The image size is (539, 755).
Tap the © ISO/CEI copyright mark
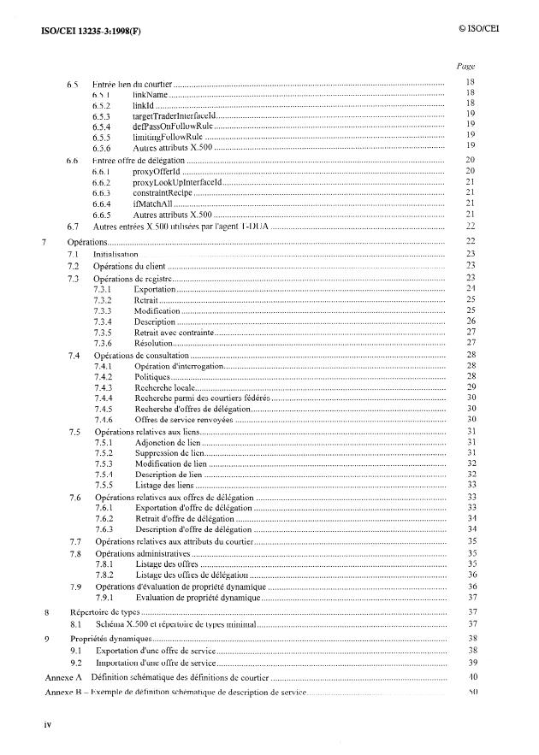pos(478,29)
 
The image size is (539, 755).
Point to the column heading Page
pos(466,66)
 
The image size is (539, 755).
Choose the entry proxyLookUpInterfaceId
pos(177,182)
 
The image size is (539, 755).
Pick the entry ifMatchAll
pos(152,204)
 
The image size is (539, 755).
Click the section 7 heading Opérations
pos(89,243)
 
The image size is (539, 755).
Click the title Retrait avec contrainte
pos(171,333)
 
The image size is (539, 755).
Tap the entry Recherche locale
pos(166,388)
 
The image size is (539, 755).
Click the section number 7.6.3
pos(103,529)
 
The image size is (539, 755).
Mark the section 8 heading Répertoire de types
pos(104,612)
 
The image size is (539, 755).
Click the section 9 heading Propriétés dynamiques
pos(110,639)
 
